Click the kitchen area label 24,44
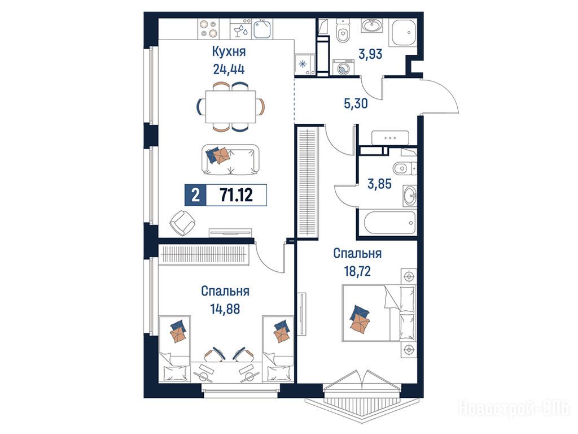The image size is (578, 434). pyautogui.click(x=229, y=69)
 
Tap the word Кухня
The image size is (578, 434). pyautogui.click(x=229, y=51)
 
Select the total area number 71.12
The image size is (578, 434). pyautogui.click(x=237, y=194)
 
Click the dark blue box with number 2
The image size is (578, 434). pyautogui.click(x=195, y=194)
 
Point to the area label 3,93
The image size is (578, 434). pyautogui.click(x=370, y=54)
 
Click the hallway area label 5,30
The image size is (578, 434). pyautogui.click(x=356, y=104)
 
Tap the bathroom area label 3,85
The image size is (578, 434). pyautogui.click(x=379, y=184)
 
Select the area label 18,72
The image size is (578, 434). pyautogui.click(x=357, y=271)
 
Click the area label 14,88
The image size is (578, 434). pyautogui.click(x=225, y=309)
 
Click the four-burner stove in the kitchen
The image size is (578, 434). pyautogui.click(x=208, y=29)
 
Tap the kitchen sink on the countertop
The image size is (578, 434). pyautogui.click(x=262, y=29)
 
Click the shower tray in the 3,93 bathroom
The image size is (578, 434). pyautogui.click(x=404, y=32)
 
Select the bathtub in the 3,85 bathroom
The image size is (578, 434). pyautogui.click(x=390, y=223)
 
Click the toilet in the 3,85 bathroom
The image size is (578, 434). pyautogui.click(x=404, y=168)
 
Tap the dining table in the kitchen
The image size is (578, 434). pyautogui.click(x=230, y=107)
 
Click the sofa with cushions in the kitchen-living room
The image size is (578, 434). pyautogui.click(x=230, y=159)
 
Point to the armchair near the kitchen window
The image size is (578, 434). pyautogui.click(x=182, y=223)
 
